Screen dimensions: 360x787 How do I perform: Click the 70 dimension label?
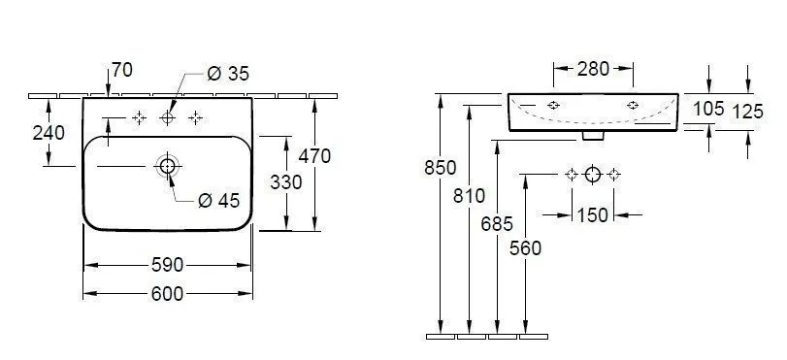122,70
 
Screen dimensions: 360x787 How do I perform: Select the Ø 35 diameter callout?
228,72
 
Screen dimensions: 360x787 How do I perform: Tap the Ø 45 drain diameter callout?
218,201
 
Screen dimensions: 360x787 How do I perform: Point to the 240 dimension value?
49,133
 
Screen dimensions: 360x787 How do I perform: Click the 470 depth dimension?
314,155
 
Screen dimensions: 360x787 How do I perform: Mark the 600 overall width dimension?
168,294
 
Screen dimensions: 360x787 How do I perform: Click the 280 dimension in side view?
593,69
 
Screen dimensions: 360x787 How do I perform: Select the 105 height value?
708,109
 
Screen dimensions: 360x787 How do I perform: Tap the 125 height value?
747,112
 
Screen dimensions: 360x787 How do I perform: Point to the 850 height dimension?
441,168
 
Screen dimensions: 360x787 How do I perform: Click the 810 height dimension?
469,195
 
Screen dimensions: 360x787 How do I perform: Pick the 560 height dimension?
525,248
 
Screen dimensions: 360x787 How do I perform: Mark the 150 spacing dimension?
592,214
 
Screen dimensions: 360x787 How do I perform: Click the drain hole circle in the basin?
167,166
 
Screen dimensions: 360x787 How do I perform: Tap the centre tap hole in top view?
167,117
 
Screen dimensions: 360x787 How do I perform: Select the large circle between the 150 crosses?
593,175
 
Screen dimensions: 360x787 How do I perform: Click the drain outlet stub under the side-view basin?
589,136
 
